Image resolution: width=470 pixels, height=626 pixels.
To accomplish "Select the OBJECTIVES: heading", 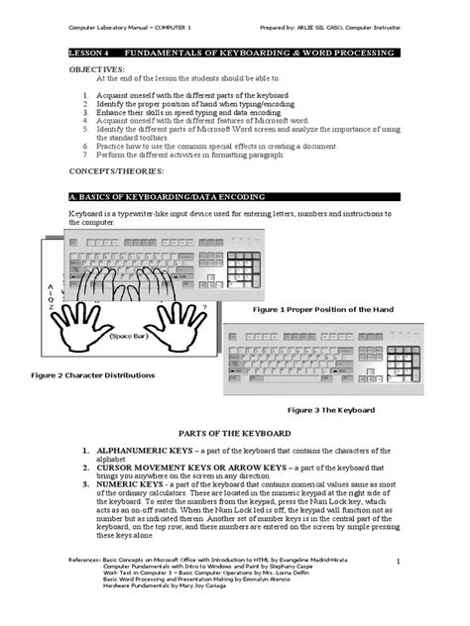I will coord(97,71).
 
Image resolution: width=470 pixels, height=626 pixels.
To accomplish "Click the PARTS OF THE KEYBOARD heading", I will coord(234,434).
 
